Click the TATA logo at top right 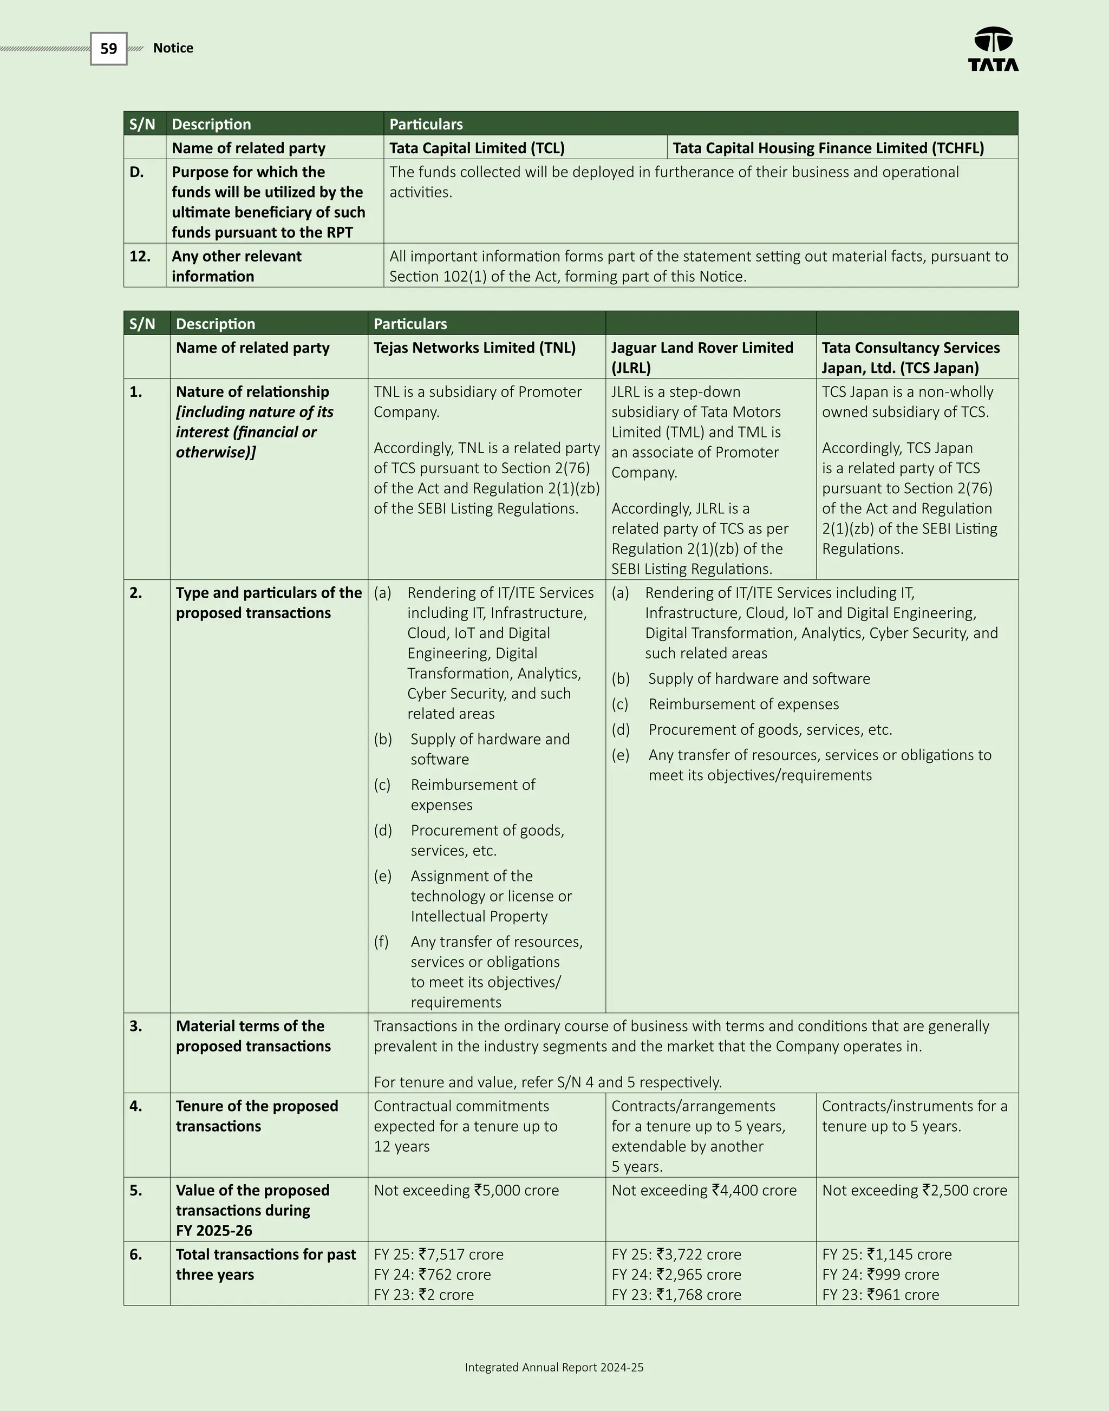pos(993,49)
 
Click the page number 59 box pos(108,49)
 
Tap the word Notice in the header pos(173,48)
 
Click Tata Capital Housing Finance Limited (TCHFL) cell pos(828,148)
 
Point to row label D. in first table pos(136,172)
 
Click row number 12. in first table pos(140,257)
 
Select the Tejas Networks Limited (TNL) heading pos(474,348)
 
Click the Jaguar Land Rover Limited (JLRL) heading pos(701,357)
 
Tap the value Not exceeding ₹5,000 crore pos(466,1190)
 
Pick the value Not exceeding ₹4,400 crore pos(704,1190)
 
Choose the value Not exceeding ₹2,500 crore pos(914,1190)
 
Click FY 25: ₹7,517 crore pos(438,1255)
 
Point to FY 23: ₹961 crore pos(880,1295)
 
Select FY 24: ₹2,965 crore pos(676,1275)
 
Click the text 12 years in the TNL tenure pos(401,1146)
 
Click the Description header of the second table pos(215,324)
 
